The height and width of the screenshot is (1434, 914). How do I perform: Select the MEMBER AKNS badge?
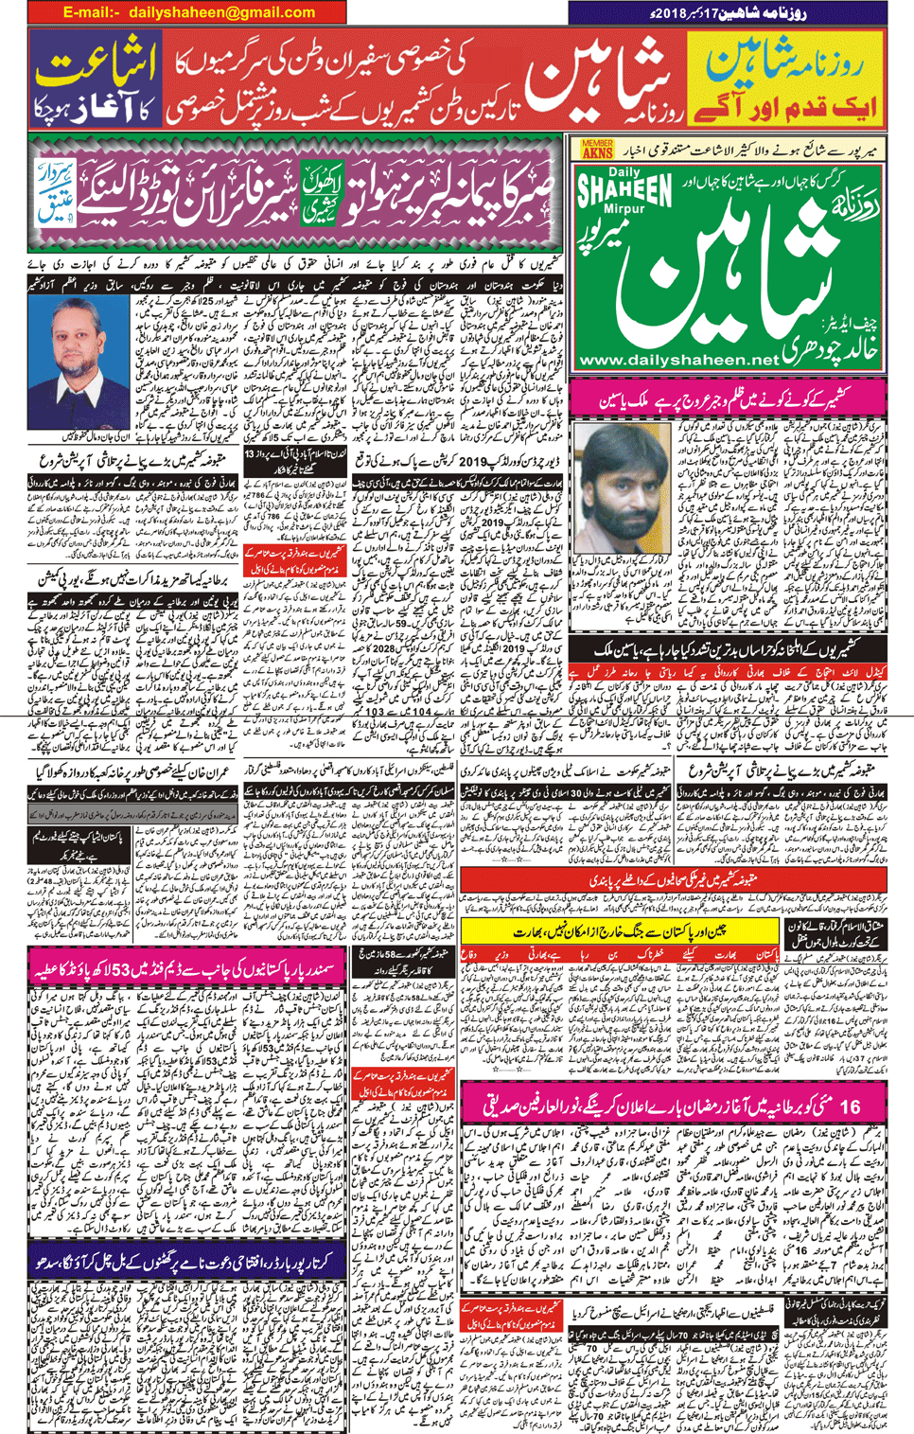click(x=597, y=149)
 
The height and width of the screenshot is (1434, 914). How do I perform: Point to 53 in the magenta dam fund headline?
click(x=177, y=971)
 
